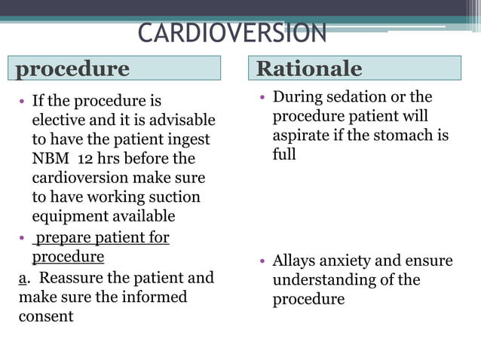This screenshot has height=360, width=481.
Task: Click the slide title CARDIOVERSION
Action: [231, 33]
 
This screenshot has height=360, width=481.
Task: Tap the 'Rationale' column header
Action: [354, 69]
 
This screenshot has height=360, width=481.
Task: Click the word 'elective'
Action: [60, 121]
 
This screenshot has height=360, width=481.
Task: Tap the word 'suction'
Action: [172, 197]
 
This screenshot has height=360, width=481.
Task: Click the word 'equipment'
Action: [69, 217]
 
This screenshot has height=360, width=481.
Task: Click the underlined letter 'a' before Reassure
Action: [23, 278]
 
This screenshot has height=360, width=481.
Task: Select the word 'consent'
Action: [46, 316]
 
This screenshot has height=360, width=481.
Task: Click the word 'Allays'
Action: [296, 261]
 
